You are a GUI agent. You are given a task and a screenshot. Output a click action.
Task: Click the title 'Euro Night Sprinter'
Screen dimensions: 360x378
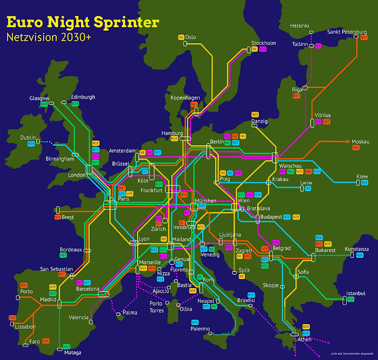82,22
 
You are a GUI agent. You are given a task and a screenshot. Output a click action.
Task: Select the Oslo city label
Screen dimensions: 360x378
190,37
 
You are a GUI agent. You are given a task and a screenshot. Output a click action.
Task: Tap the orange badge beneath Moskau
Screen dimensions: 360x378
356,148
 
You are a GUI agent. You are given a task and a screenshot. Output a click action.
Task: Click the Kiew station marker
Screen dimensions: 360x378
358,184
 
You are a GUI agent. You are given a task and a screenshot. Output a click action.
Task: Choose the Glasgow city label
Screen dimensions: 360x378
40,98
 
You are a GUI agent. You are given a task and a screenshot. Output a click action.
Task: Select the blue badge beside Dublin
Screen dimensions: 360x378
31,145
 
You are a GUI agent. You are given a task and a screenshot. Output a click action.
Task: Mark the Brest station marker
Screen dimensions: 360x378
58,210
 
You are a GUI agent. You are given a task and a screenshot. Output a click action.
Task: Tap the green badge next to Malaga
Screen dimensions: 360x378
66,346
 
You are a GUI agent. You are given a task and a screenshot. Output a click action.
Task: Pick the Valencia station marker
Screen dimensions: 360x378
90,322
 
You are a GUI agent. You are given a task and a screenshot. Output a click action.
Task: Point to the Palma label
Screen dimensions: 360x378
131,313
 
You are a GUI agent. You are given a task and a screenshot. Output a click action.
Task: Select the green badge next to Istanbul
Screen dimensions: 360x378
350,300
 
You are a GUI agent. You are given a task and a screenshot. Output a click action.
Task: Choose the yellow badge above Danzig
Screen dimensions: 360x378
255,114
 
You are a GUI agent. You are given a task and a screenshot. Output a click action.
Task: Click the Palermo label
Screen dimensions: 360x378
200,329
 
